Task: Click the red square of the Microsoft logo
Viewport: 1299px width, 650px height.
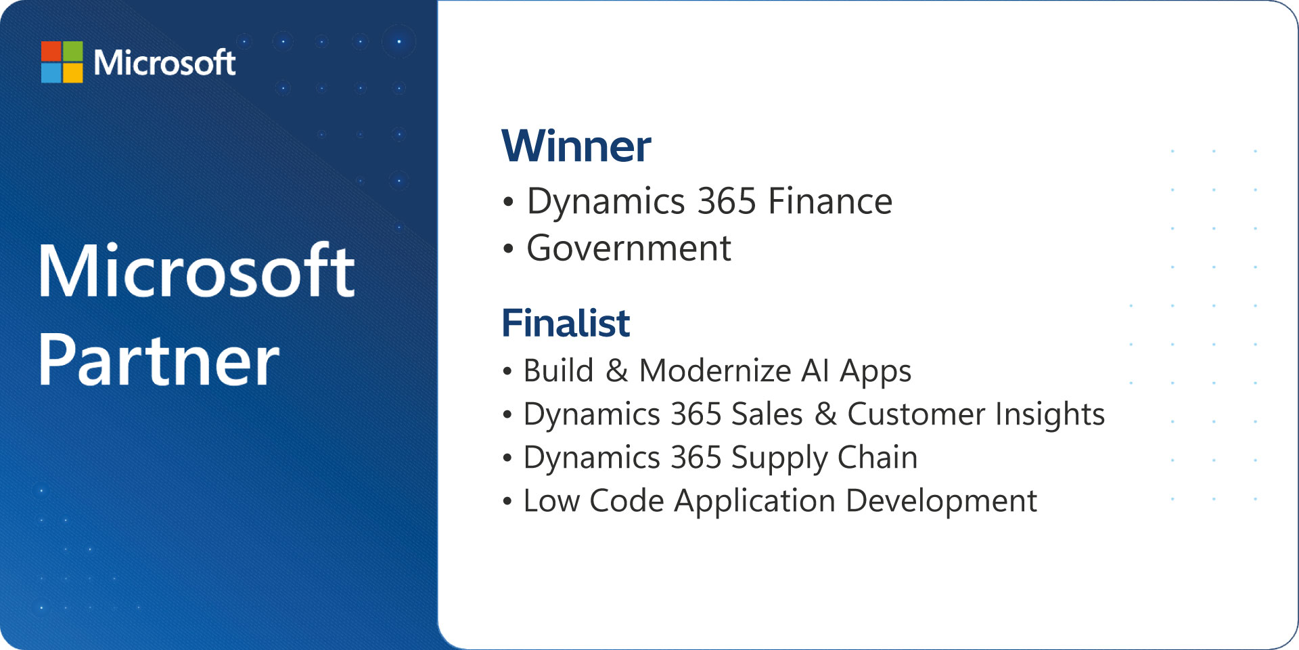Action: pos(51,51)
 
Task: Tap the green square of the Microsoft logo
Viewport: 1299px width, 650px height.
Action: pos(73,51)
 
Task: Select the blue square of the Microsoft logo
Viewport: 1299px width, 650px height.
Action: pos(51,72)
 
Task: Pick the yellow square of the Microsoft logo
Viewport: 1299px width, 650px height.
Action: pos(73,72)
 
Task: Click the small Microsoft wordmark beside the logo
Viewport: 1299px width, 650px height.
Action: pos(164,62)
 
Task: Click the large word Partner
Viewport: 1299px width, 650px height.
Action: pos(158,360)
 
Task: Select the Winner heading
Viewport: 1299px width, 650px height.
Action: pos(576,146)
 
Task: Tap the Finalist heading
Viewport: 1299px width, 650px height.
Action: pos(566,323)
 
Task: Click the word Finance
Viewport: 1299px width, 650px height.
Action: pos(830,201)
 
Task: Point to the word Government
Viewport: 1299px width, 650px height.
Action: pos(629,248)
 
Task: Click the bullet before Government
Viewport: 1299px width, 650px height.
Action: pos(508,248)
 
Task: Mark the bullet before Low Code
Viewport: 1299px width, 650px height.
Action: pos(507,502)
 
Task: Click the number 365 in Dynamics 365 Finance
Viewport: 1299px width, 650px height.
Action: pos(727,201)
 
